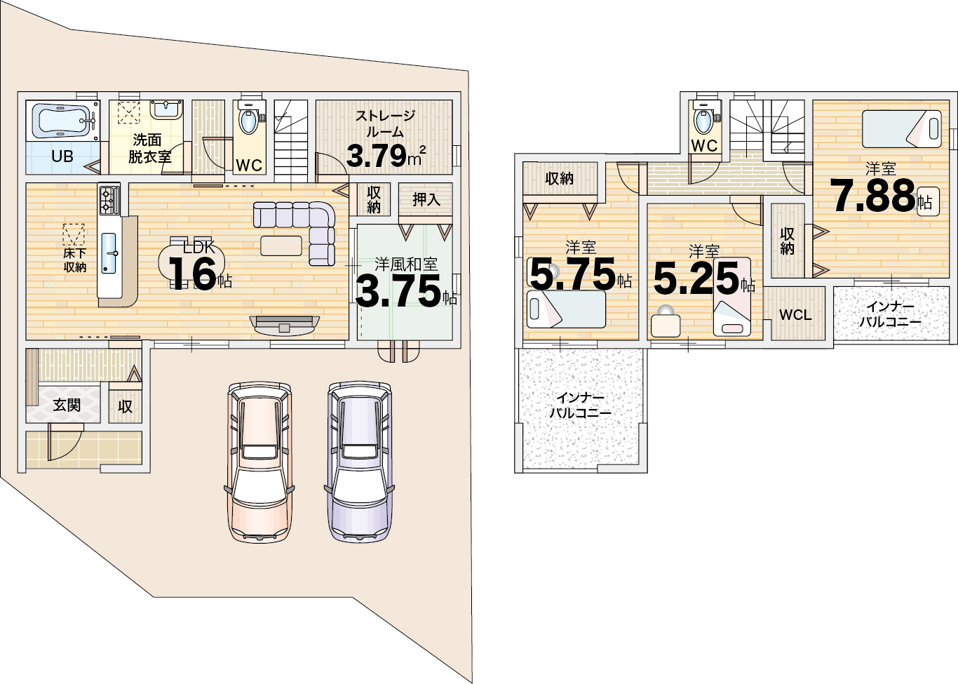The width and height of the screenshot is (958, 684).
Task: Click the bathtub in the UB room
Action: pyautogui.click(x=63, y=121)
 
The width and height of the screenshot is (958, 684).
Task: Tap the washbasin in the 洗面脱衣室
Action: pyautogui.click(x=166, y=110)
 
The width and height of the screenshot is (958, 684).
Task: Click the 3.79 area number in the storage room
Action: pyautogui.click(x=376, y=156)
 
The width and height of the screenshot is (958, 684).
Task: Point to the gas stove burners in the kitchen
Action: pyautogui.click(x=109, y=201)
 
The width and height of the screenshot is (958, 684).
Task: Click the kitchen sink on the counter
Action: pyautogui.click(x=109, y=253)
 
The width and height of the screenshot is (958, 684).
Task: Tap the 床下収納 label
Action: pyautogui.click(x=75, y=260)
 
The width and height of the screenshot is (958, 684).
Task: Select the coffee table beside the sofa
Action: pyautogui.click(x=281, y=246)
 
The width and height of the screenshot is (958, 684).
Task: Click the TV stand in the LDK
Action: pyautogui.click(x=285, y=325)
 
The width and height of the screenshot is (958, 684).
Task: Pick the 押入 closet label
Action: pyautogui.click(x=426, y=199)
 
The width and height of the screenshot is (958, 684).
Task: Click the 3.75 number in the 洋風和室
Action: pyautogui.click(x=398, y=292)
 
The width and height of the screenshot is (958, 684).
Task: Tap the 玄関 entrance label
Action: pyautogui.click(x=67, y=405)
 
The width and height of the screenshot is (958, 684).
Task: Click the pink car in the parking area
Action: pyautogui.click(x=259, y=462)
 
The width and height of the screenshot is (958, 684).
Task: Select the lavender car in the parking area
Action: pyautogui.click(x=359, y=462)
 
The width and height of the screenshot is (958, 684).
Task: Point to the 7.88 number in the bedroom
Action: pyautogui.click(x=872, y=196)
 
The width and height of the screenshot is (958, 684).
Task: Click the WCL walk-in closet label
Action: pyautogui.click(x=795, y=315)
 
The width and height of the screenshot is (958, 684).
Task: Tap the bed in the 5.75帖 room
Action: pyautogui.click(x=567, y=309)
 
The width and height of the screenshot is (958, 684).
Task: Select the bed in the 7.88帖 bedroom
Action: pyautogui.click(x=902, y=129)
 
